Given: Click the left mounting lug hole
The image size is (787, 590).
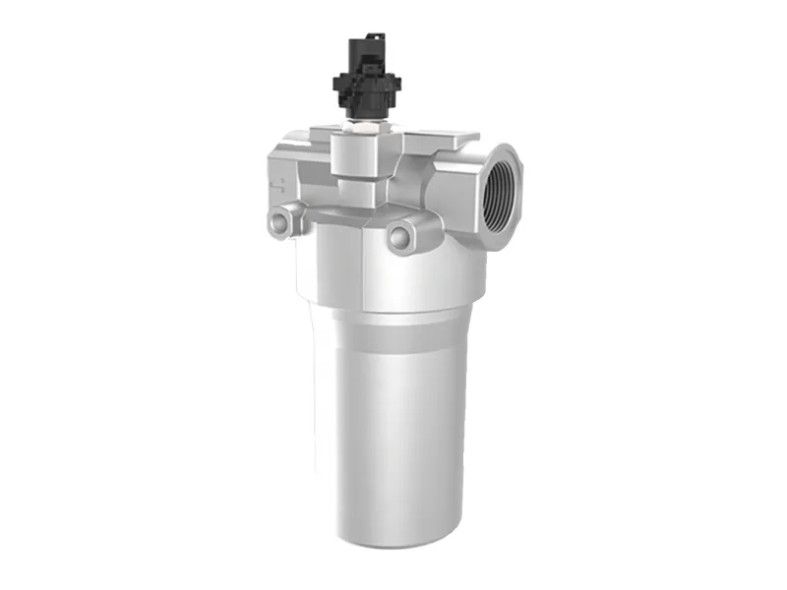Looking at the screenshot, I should tap(279, 223).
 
